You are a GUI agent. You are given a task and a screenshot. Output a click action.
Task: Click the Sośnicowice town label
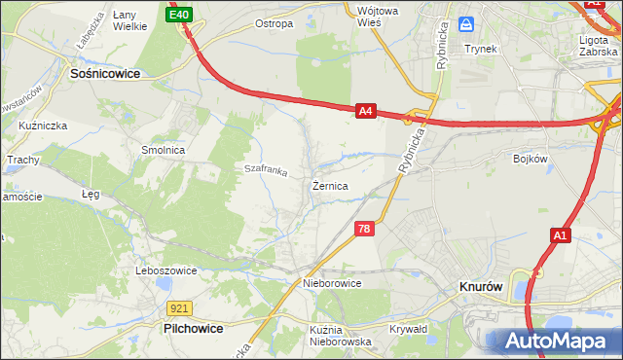[105, 73]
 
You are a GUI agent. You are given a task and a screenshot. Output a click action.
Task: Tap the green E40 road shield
[178, 16]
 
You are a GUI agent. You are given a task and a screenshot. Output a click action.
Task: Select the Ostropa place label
[274, 23]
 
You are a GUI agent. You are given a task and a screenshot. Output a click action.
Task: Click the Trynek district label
[480, 48]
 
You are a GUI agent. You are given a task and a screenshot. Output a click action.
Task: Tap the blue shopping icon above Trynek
[466, 23]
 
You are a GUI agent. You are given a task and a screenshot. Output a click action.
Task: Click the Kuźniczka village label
[41, 126]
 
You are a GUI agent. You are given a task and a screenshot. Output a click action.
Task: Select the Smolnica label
[164, 151]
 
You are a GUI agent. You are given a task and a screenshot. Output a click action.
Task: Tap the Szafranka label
[265, 171]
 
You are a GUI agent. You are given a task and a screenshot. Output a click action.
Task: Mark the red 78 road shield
[364, 229]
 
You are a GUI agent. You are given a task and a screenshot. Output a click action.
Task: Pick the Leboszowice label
[166, 270]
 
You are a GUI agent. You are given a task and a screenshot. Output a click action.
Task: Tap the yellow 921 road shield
[178, 307]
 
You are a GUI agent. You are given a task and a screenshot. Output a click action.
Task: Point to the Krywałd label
[409, 329]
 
